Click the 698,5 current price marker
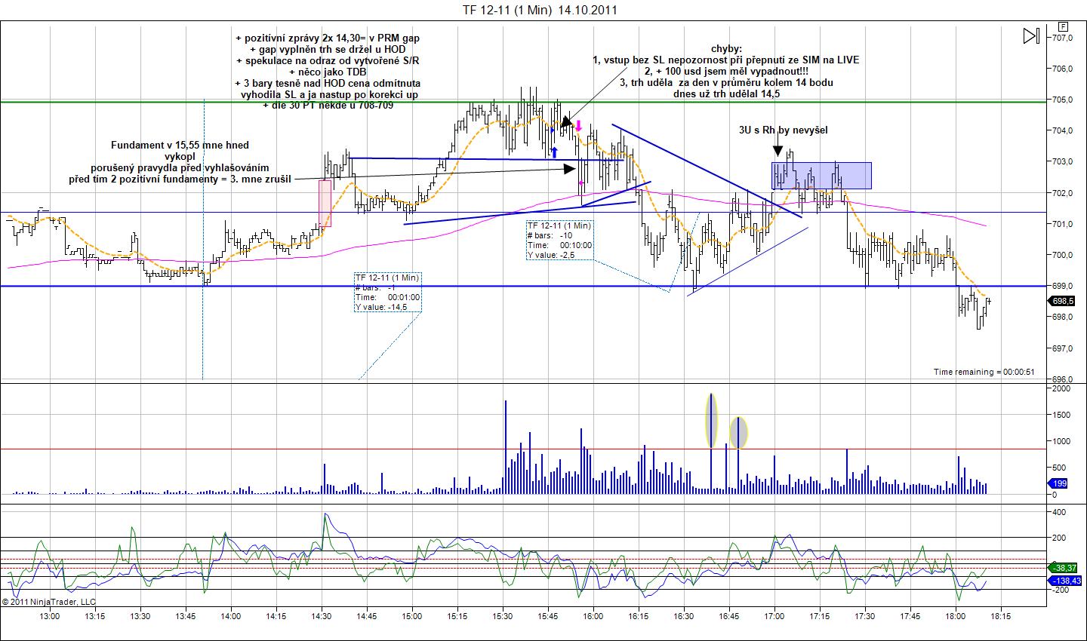click(1064, 301)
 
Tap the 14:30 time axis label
click(322, 615)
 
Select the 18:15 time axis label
click(1001, 615)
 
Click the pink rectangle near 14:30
click(325, 203)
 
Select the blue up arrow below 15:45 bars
click(554, 152)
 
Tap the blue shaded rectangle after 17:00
click(821, 176)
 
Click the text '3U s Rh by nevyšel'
click(783, 130)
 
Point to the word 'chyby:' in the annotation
click(726, 48)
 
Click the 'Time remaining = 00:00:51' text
click(982, 372)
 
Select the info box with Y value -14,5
click(388, 292)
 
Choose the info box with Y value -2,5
click(559, 240)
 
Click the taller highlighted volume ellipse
click(711, 421)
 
